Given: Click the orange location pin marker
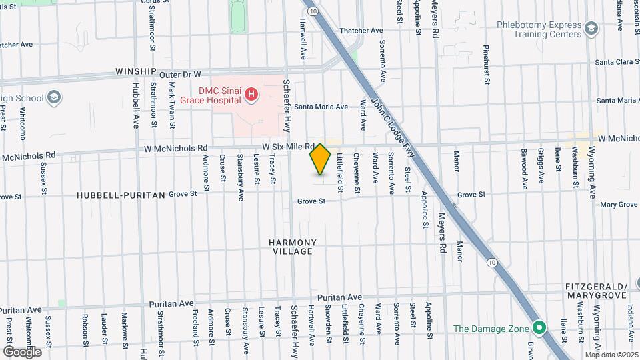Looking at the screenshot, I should [321, 159].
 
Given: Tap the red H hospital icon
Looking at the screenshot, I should [251, 95].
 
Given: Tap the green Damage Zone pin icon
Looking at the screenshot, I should [539, 328].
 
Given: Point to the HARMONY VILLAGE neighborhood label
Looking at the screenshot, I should [293, 247].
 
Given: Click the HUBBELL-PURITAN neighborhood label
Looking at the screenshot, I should [121, 195].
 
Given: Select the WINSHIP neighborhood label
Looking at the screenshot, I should [135, 71].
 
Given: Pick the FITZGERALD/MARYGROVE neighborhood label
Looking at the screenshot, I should [596, 289].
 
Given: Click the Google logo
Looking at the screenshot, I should [22, 351].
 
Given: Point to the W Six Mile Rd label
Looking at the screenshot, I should [288, 146].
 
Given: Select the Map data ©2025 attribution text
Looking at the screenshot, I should [611, 355].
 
